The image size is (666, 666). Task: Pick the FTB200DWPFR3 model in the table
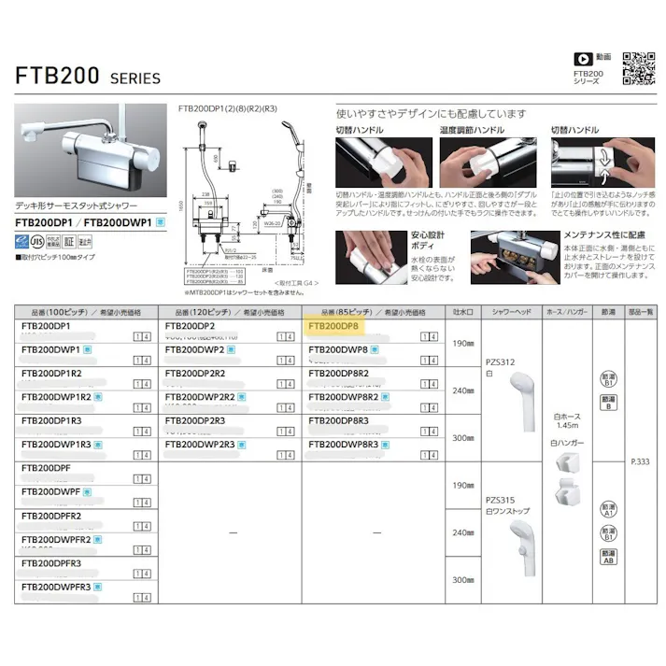[x=56, y=586]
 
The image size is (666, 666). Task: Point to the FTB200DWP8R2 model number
[x=344, y=397]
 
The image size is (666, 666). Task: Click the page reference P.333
[x=640, y=461]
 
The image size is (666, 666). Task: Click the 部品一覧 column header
[x=640, y=312]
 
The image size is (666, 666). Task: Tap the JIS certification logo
[x=25, y=240]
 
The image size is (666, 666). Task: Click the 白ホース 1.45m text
[x=566, y=420]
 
